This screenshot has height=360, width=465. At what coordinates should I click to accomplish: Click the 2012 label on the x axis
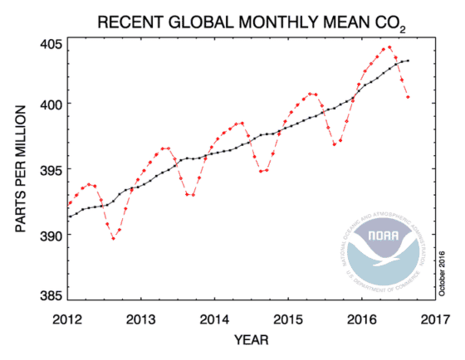pos(68,319)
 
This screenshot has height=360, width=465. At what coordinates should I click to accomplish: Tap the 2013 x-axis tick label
pos(141,319)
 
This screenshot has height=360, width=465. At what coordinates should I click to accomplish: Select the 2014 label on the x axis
pos(213,319)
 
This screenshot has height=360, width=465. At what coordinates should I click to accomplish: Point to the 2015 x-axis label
pos(286,319)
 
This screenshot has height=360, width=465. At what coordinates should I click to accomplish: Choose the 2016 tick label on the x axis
pos(359,319)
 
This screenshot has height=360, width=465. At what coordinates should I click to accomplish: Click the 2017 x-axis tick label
pos(431,319)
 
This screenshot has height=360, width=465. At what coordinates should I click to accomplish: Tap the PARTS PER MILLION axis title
pos(20,171)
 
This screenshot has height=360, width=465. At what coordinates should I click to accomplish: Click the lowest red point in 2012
pos(114,238)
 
